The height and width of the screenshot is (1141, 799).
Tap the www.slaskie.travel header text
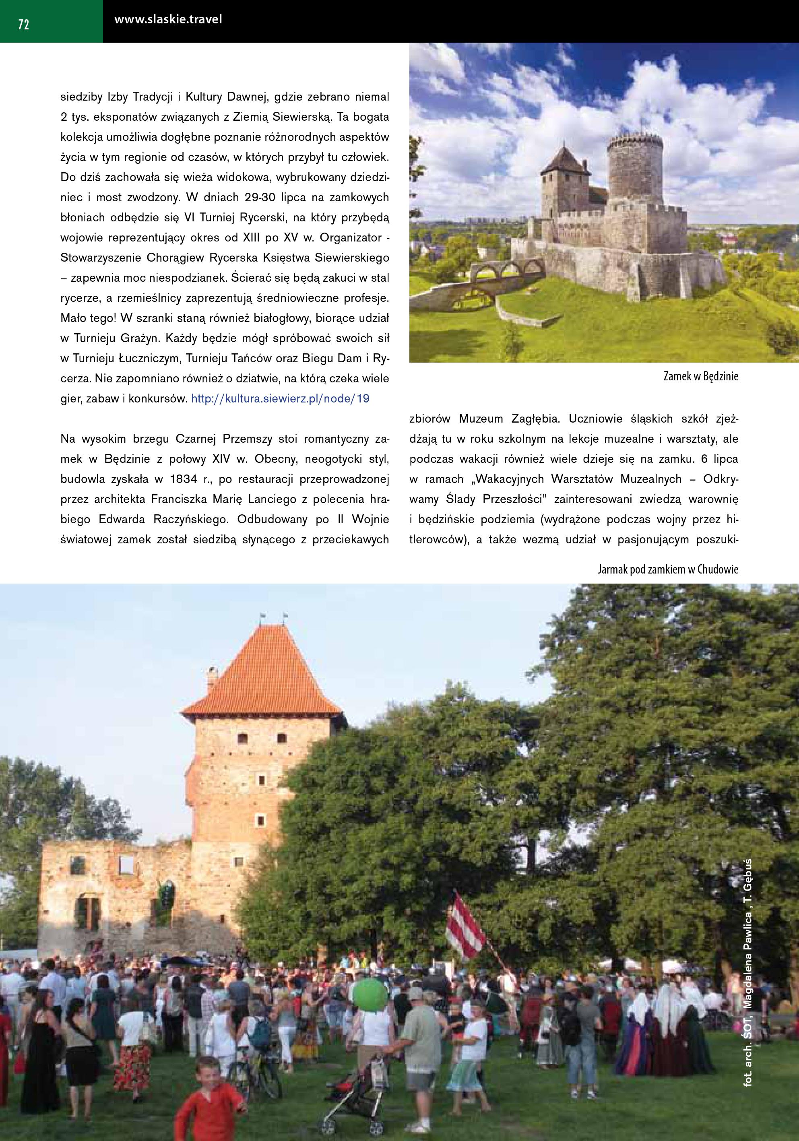coord(168,20)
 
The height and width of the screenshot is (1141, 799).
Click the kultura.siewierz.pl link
coord(280,398)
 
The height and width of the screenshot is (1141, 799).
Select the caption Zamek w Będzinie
coord(701,376)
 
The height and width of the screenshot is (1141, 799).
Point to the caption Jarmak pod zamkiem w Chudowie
coord(668,569)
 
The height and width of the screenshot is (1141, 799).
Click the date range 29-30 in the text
coord(264,197)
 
